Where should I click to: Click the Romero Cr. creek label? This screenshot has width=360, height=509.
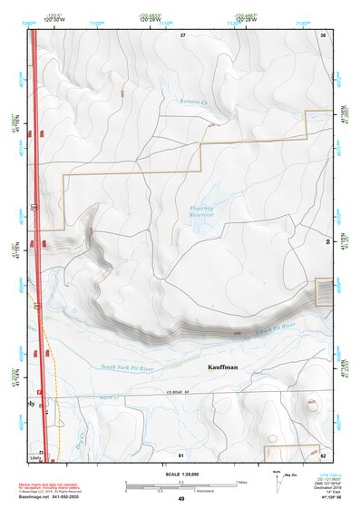pos(194,102)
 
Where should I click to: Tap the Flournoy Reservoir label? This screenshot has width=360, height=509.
pos(201,213)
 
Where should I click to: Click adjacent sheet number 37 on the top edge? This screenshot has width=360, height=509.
pos(182,34)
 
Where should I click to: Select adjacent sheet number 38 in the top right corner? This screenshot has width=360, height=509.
pos(323,34)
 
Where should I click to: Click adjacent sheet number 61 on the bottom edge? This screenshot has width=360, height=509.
pos(181,454)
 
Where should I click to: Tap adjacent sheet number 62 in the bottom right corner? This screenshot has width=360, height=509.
pos(323,454)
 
